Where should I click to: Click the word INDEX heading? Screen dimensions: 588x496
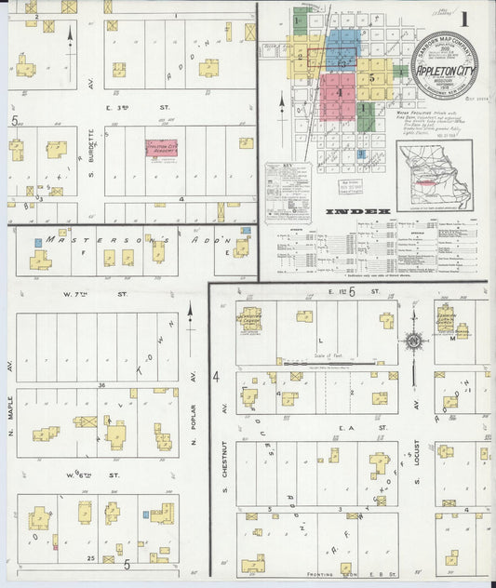[x=358, y=212]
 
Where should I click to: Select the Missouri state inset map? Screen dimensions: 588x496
[x=434, y=175]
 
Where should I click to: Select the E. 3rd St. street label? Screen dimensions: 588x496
[x=133, y=107]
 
